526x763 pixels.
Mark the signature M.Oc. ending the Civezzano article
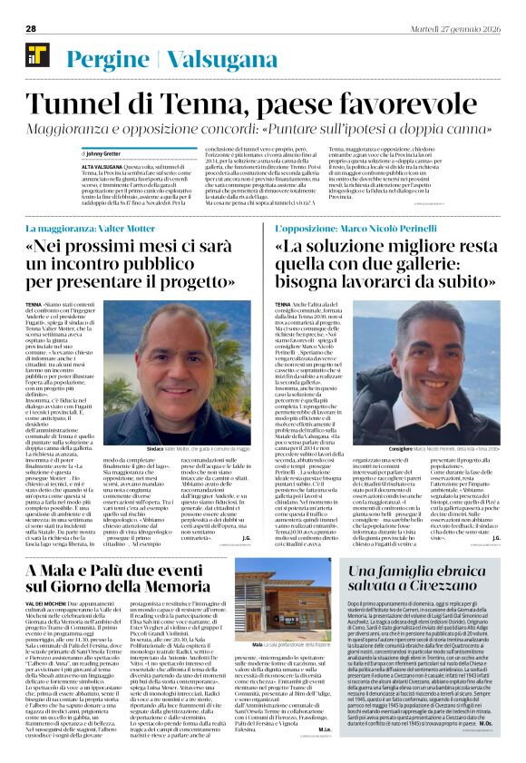(487, 748)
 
